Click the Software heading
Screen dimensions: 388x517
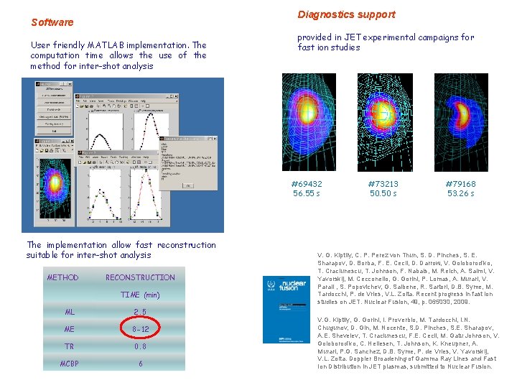tap(52, 22)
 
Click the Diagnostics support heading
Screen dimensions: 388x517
tap(346, 14)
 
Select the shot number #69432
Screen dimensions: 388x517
tap(307, 184)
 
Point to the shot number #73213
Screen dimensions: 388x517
tap(383, 184)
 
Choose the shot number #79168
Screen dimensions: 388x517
tap(460, 184)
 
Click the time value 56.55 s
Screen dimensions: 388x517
tap(307, 193)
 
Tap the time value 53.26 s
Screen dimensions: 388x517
tap(460, 193)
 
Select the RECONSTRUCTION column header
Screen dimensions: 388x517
tap(140, 277)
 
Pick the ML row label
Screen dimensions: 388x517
tap(70, 313)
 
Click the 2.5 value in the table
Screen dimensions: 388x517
tap(140, 313)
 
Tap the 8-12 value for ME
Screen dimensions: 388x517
tap(140, 330)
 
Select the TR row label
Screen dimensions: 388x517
tap(69, 346)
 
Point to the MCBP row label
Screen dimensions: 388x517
tap(70, 364)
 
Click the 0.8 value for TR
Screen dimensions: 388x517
tap(140, 346)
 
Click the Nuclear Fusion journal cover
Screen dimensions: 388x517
tap(287, 309)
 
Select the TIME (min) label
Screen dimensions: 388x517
tap(140, 295)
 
